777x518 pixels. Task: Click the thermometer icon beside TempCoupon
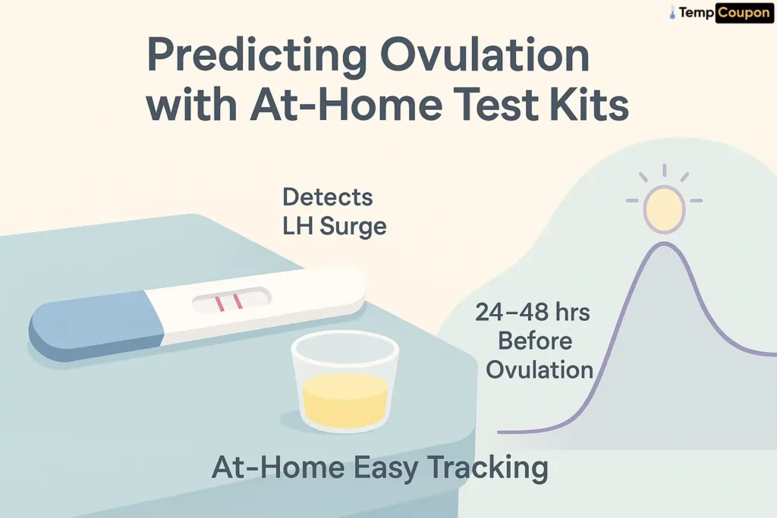tap(672, 13)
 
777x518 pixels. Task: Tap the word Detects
tap(328, 197)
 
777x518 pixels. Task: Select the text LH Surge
tap(335, 226)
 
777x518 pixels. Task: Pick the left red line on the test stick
tap(220, 303)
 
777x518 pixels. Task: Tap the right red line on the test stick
tap(238, 301)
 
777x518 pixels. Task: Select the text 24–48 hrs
tap(533, 312)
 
